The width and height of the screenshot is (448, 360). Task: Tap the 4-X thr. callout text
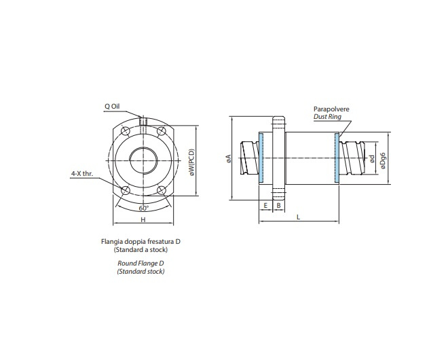pyautogui.click(x=81, y=173)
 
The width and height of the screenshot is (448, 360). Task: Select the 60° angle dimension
pyautogui.click(x=143, y=208)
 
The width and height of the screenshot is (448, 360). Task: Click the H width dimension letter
pyautogui.click(x=143, y=221)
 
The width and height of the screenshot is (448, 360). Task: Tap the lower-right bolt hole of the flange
pyautogui.click(x=162, y=190)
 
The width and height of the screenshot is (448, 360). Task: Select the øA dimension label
pyautogui.click(x=229, y=158)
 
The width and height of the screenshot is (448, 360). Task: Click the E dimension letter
pyautogui.click(x=265, y=204)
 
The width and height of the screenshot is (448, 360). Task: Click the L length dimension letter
pyautogui.click(x=298, y=217)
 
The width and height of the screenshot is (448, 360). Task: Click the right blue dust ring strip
pyautogui.click(x=336, y=158)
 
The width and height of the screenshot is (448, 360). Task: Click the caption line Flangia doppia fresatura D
pyautogui.click(x=141, y=242)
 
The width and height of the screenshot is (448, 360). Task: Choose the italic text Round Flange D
pyautogui.click(x=141, y=264)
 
